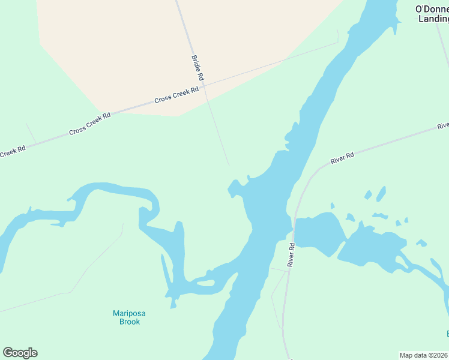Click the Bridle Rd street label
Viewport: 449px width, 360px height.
[198, 68]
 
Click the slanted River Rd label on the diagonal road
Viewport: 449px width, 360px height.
[342, 158]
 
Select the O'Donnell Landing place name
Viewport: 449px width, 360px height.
[433, 13]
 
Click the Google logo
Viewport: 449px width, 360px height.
[20, 353]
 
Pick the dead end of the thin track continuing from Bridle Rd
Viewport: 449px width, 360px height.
[228, 164]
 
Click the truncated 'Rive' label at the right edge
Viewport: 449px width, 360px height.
[442, 126]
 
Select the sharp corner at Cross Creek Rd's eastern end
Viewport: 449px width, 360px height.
[337, 42]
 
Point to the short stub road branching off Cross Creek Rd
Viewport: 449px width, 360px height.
[30, 133]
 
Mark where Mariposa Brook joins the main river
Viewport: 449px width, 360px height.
[233, 271]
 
